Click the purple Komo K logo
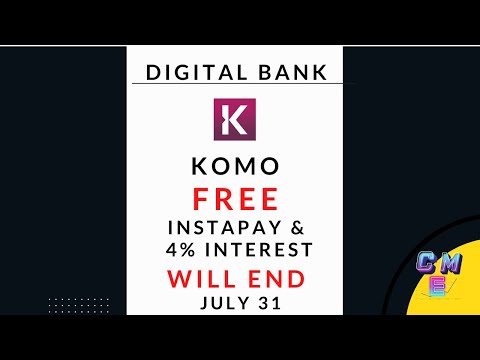tap(236, 120)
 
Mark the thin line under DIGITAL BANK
tap(236, 84)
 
